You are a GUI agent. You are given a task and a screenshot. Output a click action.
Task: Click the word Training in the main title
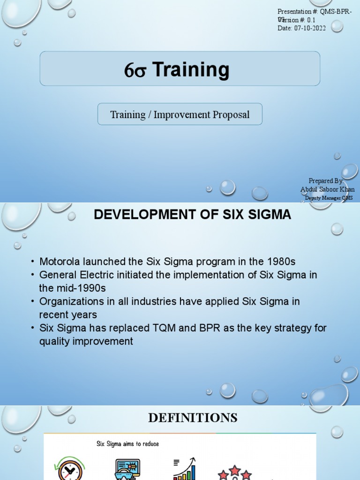(x=191, y=69)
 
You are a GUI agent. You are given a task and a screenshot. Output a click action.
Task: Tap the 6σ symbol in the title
(x=136, y=70)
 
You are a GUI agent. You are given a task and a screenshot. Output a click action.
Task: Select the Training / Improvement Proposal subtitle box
(x=180, y=114)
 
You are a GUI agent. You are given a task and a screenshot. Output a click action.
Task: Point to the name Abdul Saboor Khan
(x=327, y=189)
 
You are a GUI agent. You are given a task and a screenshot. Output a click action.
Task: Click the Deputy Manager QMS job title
(x=329, y=198)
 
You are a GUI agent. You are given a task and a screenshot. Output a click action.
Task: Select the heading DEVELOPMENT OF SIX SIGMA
(x=192, y=215)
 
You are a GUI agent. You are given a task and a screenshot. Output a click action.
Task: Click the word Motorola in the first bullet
(x=59, y=262)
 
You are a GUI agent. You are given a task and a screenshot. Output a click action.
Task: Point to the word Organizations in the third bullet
(x=70, y=301)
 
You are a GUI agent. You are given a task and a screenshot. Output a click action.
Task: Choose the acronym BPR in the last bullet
(x=202, y=328)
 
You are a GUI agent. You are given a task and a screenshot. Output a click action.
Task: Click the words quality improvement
(x=86, y=341)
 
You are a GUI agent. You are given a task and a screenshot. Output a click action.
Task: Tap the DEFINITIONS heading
(x=193, y=417)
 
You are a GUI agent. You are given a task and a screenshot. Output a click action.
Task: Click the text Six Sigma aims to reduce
(x=127, y=443)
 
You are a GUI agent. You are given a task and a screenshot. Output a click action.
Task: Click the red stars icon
(x=234, y=472)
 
